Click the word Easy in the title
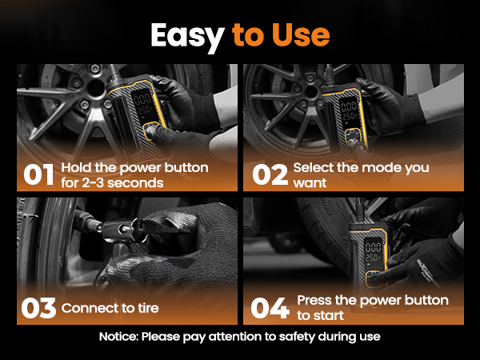coord(187,37)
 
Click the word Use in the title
coord(301,34)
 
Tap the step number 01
coord(38,174)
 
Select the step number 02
coord(270,174)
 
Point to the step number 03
coord(38,308)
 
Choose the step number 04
coord(270,308)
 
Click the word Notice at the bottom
coord(118,337)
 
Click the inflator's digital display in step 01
coord(143,106)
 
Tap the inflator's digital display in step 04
coord(374,253)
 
